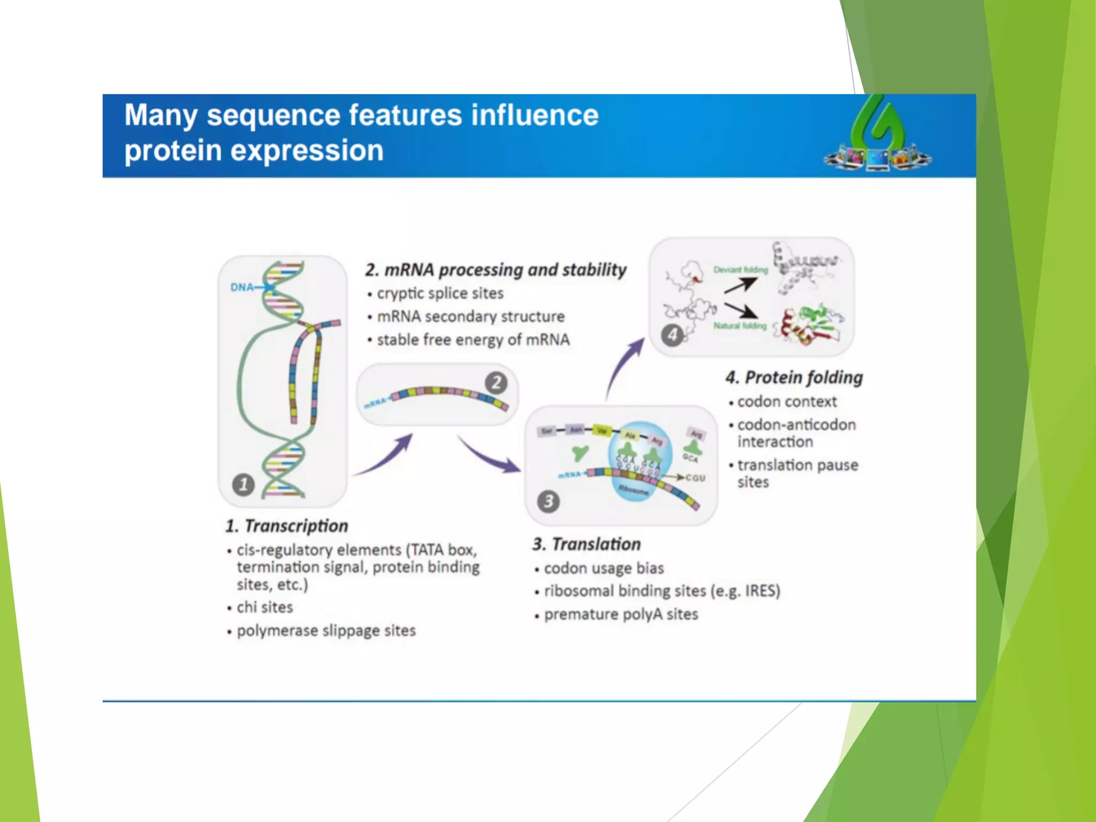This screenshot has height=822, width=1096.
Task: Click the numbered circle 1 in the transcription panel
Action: coord(243,485)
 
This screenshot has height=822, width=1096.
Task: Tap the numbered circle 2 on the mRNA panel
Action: coord(496,383)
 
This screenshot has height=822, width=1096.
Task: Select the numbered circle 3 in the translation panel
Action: coord(549,501)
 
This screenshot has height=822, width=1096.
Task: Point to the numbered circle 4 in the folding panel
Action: coord(672,336)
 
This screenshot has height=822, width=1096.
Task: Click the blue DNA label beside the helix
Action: coord(242,287)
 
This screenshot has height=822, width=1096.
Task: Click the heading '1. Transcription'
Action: coord(287,526)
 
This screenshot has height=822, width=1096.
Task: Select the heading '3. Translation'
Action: coord(587,544)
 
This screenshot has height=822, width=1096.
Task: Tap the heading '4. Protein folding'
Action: coord(794,378)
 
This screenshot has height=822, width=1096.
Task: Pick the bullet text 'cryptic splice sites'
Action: coord(440,294)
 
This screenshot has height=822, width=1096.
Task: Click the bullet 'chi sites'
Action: coord(264,607)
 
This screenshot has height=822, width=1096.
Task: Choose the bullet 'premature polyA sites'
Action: coord(621,614)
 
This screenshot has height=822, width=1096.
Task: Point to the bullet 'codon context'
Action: coord(787,401)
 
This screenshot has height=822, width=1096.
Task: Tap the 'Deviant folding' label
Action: coord(740,270)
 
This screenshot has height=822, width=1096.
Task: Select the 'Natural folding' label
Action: coord(740,325)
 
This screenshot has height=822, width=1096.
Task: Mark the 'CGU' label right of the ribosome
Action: coord(695,478)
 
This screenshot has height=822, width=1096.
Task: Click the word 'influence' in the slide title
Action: coord(535,116)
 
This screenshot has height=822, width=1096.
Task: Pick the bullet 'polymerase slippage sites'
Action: coord(326,631)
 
